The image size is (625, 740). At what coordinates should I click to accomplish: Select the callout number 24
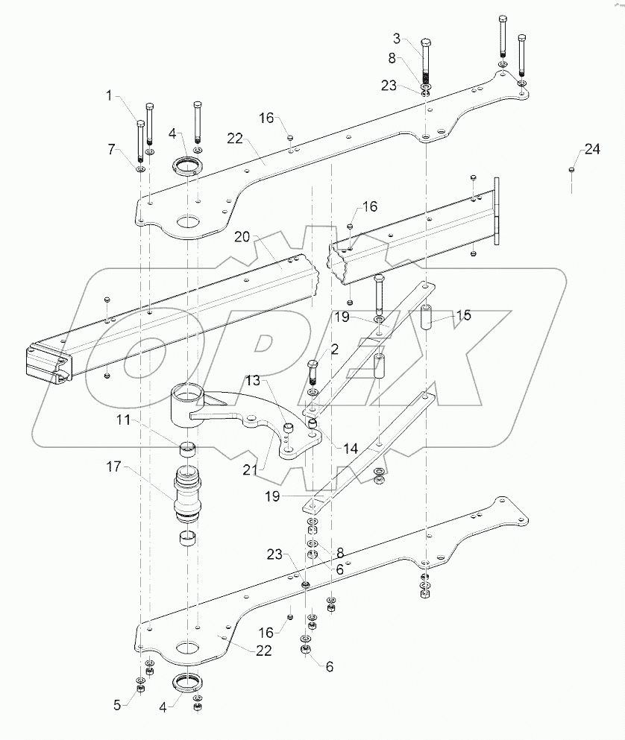591,150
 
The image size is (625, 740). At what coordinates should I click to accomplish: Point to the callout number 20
241,237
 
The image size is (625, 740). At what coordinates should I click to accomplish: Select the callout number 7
113,150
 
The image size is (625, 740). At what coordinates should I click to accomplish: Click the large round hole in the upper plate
189,221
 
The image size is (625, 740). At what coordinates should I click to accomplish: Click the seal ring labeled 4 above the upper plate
189,165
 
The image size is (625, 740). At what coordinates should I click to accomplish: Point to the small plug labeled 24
571,171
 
